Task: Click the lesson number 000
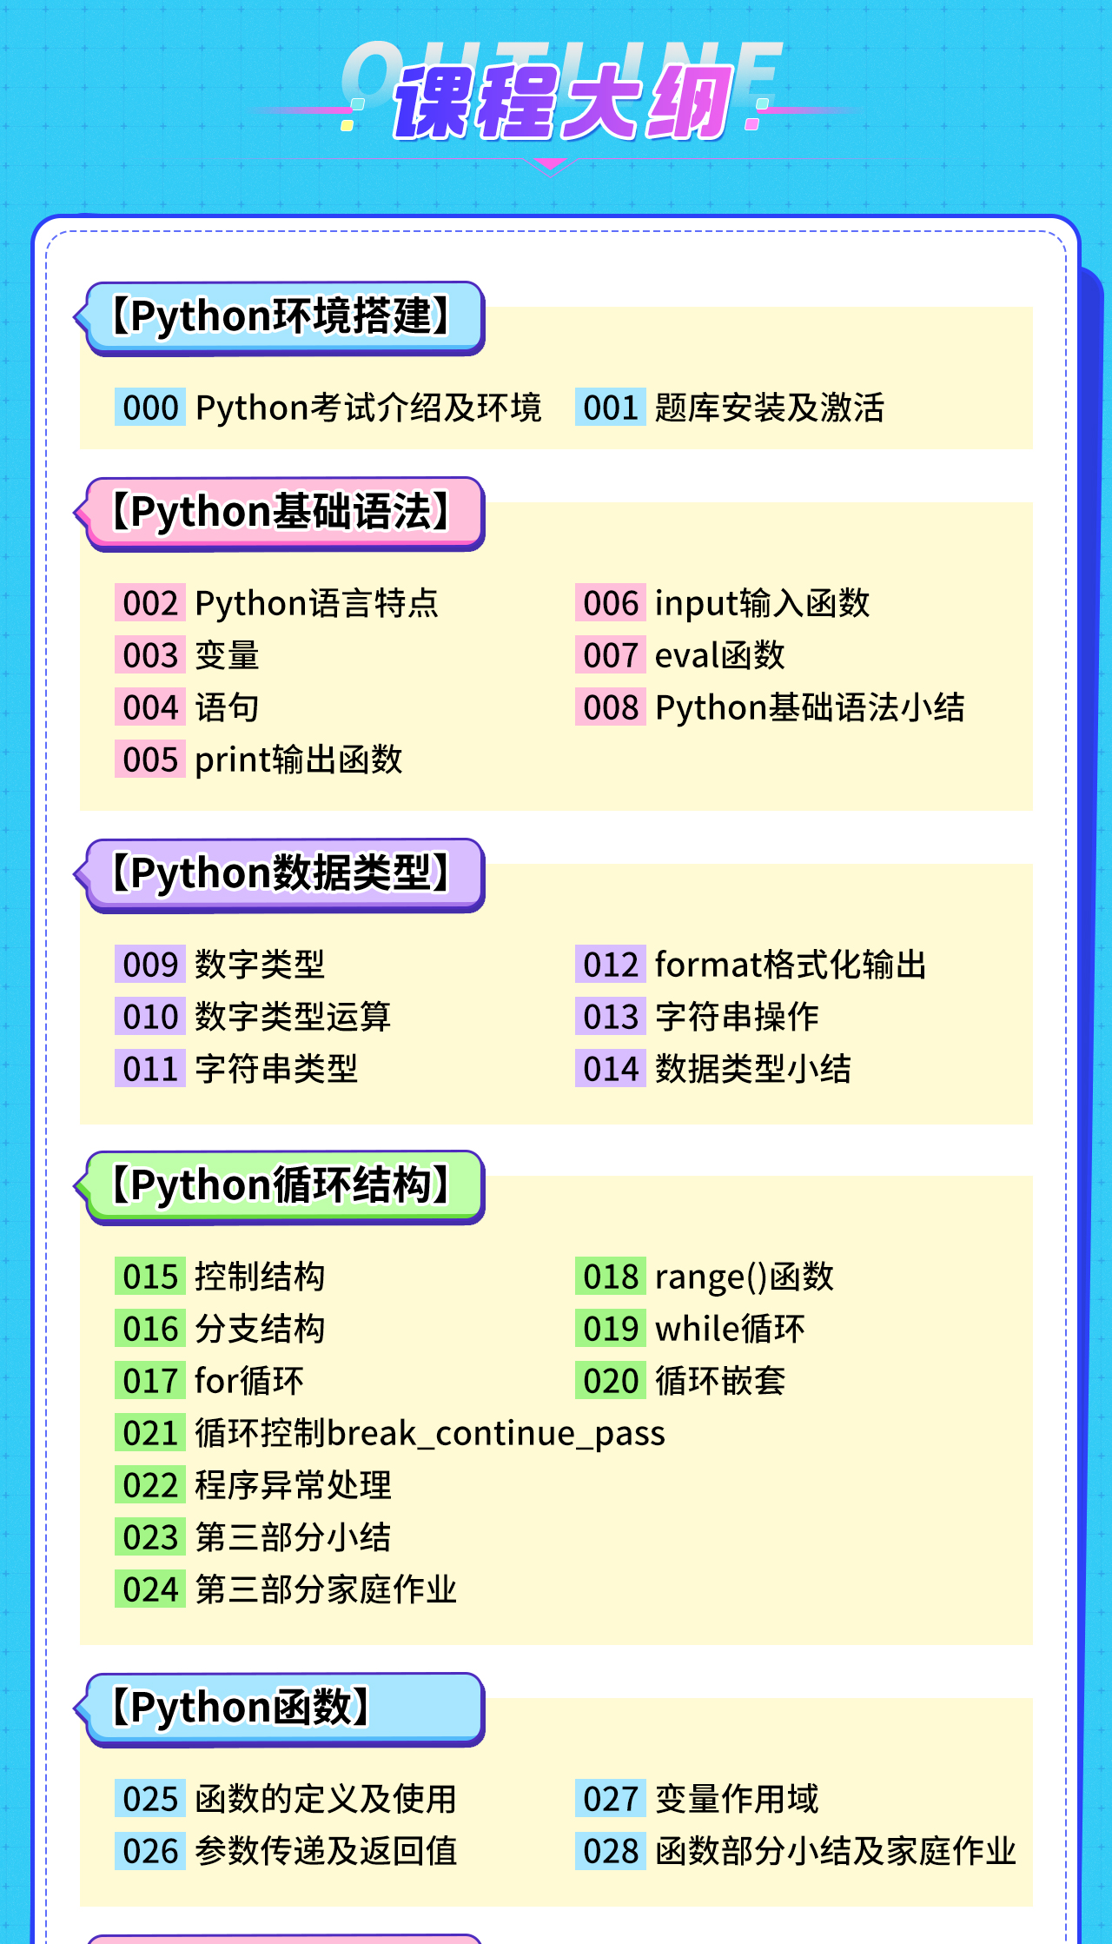coord(150,408)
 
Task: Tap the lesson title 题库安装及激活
coord(769,408)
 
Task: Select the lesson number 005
coord(150,760)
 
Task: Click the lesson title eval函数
coord(719,655)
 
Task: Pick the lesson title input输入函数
coord(762,603)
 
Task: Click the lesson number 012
coord(611,965)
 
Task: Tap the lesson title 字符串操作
coord(737,1017)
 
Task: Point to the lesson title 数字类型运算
coord(293,1017)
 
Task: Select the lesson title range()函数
coord(744,1277)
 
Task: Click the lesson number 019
coord(611,1329)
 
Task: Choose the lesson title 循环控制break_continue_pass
coord(430,1433)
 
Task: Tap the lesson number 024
coord(150,1589)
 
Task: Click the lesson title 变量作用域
coord(737,1799)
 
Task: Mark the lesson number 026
coord(150,1851)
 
